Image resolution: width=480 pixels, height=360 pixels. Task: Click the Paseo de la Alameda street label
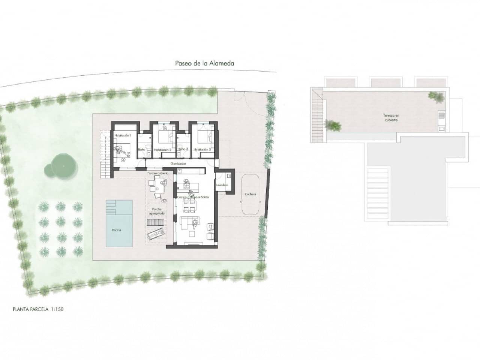[204, 63]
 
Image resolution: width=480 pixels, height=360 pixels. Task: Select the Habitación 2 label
[162, 150]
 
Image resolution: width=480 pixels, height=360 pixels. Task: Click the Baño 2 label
[183, 149]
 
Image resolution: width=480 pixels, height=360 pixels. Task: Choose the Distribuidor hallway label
[178, 163]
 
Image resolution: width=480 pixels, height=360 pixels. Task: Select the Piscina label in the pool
[116, 230]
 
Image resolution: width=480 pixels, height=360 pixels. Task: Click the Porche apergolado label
[156, 211]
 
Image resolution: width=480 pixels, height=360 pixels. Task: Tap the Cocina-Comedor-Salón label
[193, 197]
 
